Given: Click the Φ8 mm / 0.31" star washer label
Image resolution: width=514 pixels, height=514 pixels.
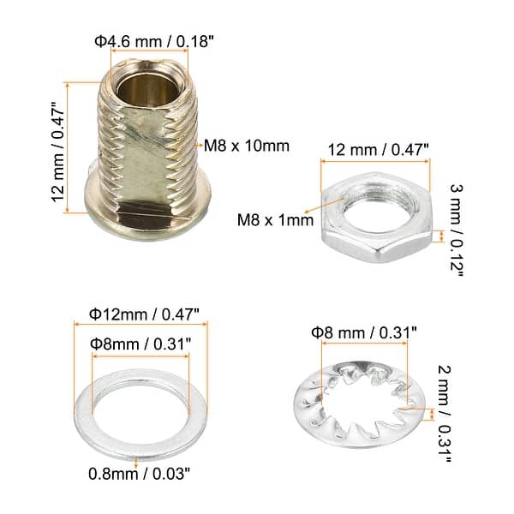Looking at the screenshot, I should (x=363, y=330).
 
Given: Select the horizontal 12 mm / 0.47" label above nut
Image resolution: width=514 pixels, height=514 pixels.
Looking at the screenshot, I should (x=374, y=149).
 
